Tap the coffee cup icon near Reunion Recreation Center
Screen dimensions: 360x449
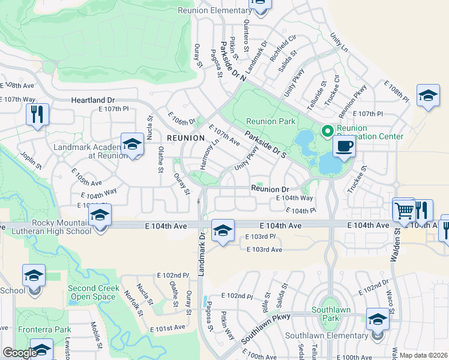click(344, 147)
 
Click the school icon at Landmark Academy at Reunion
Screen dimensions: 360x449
click(132, 145)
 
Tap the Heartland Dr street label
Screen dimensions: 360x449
click(92, 101)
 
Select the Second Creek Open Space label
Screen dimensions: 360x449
click(91, 292)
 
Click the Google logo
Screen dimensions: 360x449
click(19, 353)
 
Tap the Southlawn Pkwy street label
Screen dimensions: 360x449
click(265, 328)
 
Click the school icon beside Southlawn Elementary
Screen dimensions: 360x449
click(378, 320)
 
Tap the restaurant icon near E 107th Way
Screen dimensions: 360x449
click(37, 114)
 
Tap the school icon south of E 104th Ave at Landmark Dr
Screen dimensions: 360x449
click(222, 230)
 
